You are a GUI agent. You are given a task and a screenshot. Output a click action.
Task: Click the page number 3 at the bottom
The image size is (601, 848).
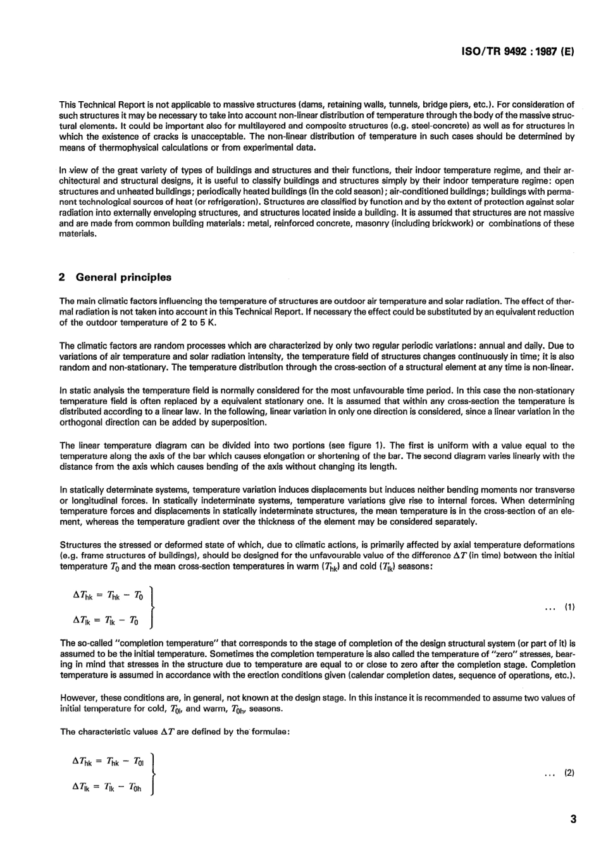tap(573, 820)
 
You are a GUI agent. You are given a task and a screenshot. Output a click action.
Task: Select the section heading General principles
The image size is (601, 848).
tap(123, 277)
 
